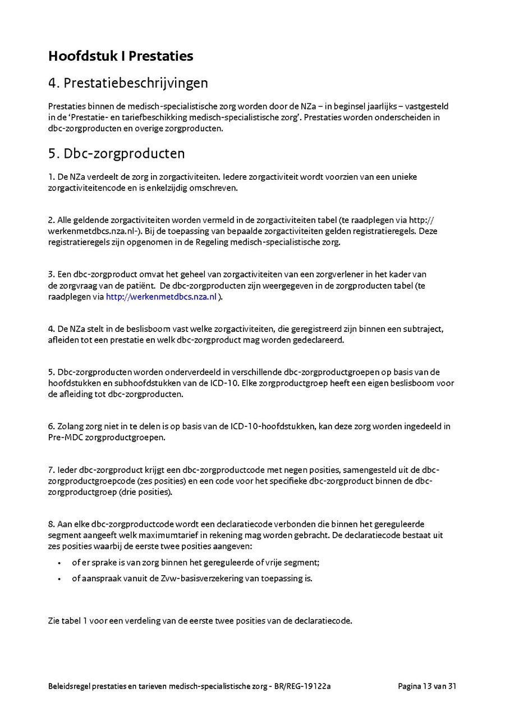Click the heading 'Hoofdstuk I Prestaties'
pyautogui.click(x=121, y=56)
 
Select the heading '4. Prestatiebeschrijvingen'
pyautogui.click(x=128, y=83)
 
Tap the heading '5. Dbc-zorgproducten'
pyautogui.click(x=116, y=153)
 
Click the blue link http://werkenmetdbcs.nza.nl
pyautogui.click(x=161, y=297)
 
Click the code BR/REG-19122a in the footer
pyautogui.click(x=303, y=686)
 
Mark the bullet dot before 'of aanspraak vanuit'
pyautogui.click(x=59, y=579)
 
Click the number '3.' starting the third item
pyautogui.click(x=52, y=275)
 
